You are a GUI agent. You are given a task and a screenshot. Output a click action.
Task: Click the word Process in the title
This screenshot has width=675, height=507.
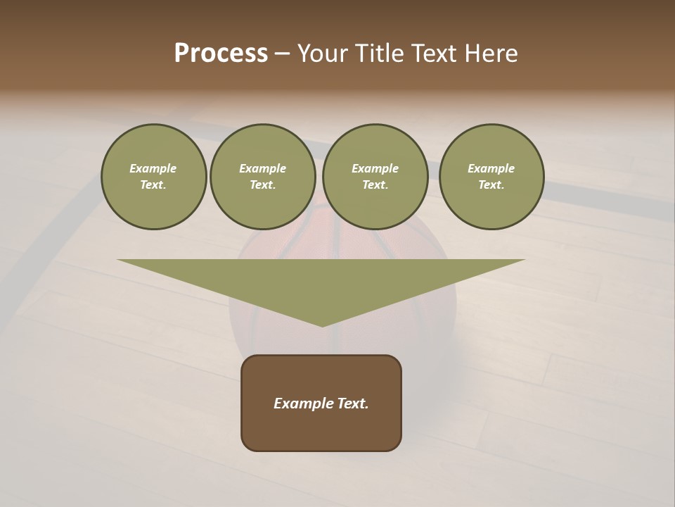point(221,54)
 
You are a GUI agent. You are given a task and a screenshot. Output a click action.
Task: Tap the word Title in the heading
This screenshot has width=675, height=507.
point(377,54)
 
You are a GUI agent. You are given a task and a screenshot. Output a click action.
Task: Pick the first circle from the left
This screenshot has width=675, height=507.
point(154,177)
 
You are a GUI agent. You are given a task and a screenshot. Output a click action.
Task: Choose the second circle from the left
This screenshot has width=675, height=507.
point(263,177)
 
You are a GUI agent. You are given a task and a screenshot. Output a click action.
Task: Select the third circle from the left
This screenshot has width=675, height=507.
point(375,177)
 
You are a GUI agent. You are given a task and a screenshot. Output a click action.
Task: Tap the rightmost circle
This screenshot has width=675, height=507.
point(491,177)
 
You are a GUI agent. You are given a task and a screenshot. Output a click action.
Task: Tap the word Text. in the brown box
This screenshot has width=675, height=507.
point(352,403)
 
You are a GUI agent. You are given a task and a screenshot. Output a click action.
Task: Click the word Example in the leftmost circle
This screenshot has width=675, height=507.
point(153,168)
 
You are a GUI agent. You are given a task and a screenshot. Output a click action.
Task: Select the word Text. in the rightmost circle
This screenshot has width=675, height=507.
point(491,185)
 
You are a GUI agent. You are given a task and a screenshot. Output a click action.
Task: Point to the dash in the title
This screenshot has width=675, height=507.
point(282,54)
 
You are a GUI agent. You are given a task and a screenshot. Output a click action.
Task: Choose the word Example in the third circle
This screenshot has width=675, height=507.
point(375,168)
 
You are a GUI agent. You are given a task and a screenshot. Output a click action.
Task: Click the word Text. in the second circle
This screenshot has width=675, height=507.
point(263,185)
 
